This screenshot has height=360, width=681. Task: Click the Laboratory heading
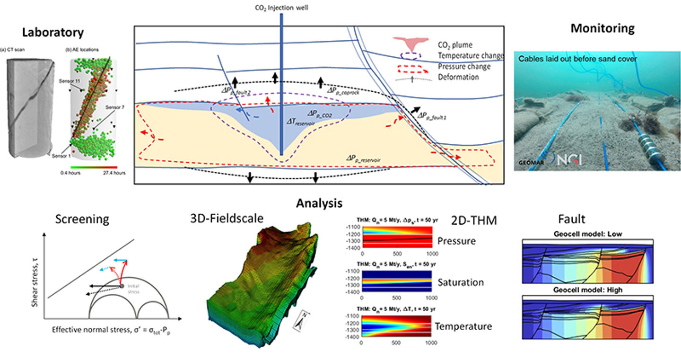[53, 32]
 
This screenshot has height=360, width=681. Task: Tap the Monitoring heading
[602, 28]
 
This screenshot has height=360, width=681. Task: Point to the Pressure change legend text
[464, 66]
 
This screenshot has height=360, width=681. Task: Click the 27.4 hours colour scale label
[114, 173]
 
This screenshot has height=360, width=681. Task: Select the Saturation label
[461, 282]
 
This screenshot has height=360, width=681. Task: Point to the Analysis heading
[319, 203]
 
